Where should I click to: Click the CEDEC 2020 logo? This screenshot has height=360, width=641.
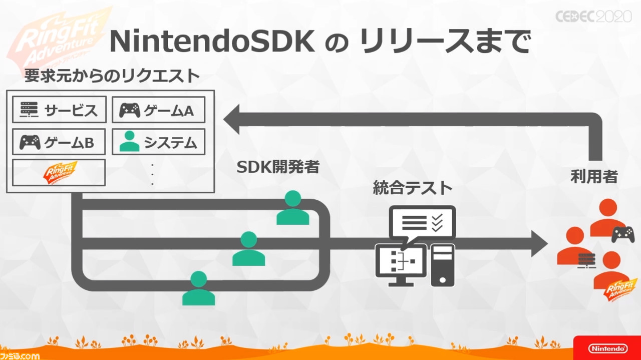pos(593,17)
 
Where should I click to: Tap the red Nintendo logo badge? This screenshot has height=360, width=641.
pos(607,348)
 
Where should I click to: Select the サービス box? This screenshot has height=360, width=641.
pos(59,110)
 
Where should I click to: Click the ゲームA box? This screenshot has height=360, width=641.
pos(159,110)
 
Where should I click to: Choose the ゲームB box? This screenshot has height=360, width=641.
pos(59,142)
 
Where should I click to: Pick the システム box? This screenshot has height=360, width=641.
pos(159,142)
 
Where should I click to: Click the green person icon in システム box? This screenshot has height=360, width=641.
pos(129,141)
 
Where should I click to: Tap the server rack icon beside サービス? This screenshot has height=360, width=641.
pos(29,110)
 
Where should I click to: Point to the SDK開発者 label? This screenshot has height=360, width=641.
pos(278,167)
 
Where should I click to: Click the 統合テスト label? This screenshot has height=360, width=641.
pos(413,188)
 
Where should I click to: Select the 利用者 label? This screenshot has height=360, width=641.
pos(594,177)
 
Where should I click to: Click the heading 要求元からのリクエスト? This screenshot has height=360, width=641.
pos(112,76)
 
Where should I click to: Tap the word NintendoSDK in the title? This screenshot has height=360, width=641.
pos(212,42)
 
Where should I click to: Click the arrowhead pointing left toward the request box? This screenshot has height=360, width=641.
pos(231,119)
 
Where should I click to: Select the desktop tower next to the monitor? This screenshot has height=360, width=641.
pos(443,265)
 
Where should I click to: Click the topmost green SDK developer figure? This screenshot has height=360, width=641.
pos(293,208)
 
